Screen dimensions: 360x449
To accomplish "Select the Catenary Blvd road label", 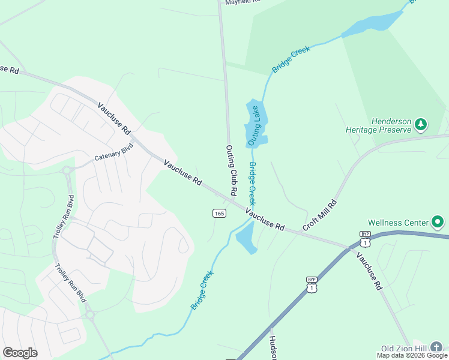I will tap(113, 152).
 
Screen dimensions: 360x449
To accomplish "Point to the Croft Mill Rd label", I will tap(320, 215).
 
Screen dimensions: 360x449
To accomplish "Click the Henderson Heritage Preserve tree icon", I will tap(421, 124).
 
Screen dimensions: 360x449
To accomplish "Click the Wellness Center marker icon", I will tap(438, 223).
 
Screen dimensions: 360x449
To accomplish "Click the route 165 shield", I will tap(218, 213).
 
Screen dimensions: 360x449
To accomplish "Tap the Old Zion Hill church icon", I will tap(438, 347).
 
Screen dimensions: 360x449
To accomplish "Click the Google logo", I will tap(20, 352).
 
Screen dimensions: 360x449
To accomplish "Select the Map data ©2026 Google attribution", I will tap(412, 355).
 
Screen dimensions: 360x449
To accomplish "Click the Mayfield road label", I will tap(243, 2).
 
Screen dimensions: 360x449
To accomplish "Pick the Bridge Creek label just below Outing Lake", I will tap(253, 183).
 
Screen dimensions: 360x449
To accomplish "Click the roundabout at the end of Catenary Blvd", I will tap(68, 170).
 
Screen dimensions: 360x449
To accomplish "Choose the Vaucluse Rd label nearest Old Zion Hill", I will tap(369, 271).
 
